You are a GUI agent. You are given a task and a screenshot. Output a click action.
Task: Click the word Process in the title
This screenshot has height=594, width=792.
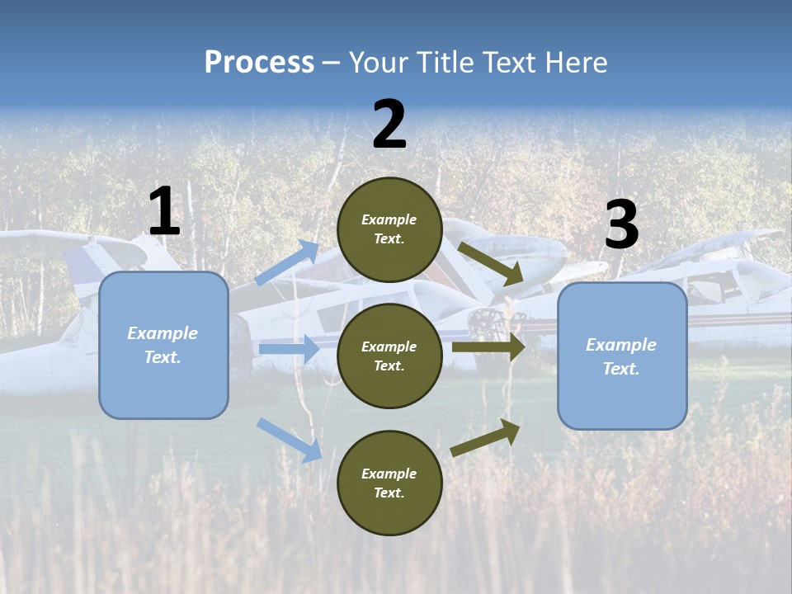click(259, 63)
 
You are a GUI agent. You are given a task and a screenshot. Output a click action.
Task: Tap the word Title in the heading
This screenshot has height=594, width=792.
click(444, 63)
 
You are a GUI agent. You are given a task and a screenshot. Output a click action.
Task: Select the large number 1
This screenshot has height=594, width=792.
click(164, 212)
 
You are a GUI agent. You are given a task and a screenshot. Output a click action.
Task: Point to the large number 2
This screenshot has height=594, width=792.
click(389, 125)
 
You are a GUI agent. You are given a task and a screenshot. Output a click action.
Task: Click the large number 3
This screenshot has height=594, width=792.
click(621, 225)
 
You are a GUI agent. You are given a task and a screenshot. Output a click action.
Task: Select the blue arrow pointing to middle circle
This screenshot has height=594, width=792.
click(289, 350)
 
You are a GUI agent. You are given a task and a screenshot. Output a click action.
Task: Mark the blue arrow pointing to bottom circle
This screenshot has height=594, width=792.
click(289, 440)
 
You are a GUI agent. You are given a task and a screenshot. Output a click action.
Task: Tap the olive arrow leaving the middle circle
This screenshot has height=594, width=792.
click(488, 347)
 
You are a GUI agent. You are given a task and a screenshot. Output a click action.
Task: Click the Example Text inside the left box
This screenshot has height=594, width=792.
click(163, 345)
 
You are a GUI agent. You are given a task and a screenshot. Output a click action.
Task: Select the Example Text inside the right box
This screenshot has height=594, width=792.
click(621, 356)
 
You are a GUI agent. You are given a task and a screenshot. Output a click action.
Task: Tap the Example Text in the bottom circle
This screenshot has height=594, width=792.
click(389, 483)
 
